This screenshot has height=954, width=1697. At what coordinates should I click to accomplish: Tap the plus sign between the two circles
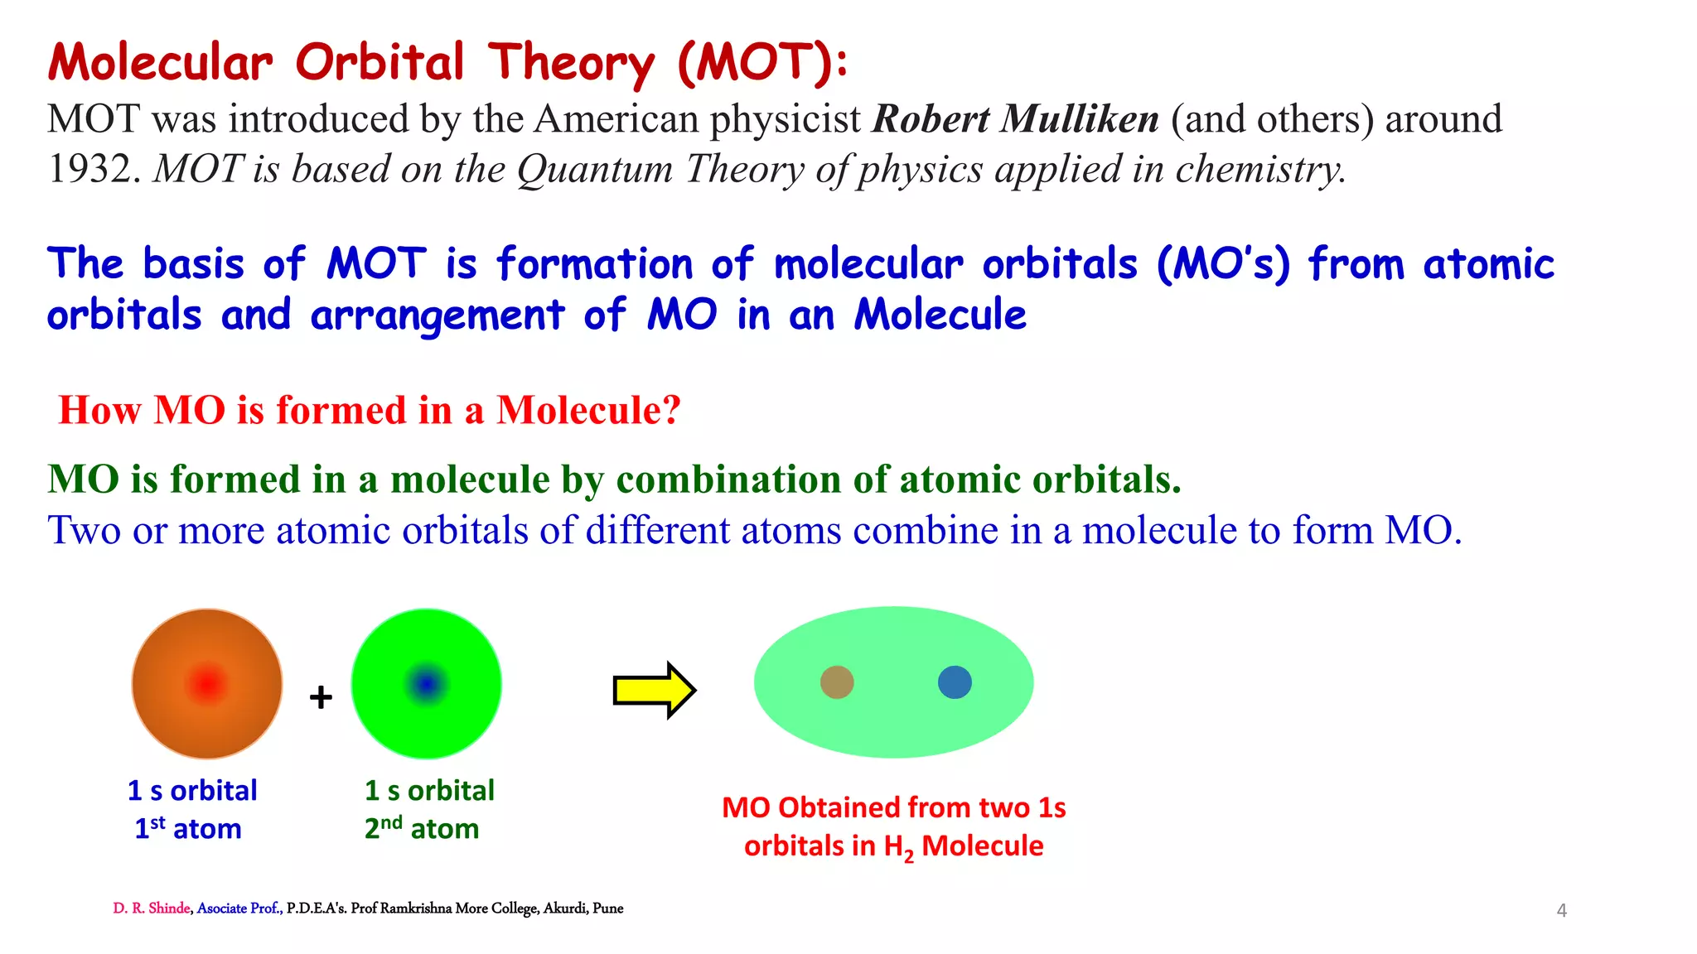click(x=321, y=697)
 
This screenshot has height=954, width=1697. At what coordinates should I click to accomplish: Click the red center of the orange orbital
click(x=207, y=684)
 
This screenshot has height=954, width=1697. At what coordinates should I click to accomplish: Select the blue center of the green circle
click(x=426, y=684)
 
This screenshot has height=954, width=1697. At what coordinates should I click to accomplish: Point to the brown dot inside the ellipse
click(x=837, y=682)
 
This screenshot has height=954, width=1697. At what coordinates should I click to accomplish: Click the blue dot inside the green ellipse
click(x=955, y=682)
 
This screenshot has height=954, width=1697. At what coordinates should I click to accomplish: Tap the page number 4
click(x=1561, y=911)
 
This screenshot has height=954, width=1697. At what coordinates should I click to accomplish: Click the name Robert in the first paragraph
click(x=931, y=118)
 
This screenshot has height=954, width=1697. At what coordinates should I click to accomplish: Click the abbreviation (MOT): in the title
click(x=762, y=63)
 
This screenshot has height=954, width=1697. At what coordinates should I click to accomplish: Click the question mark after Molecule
click(x=671, y=410)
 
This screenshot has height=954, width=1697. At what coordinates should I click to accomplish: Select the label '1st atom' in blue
click(x=188, y=828)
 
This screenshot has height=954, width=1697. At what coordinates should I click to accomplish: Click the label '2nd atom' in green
click(x=422, y=828)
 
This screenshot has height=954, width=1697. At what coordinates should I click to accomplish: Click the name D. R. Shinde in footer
click(x=152, y=908)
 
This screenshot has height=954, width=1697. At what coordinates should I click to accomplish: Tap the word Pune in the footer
click(x=608, y=908)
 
